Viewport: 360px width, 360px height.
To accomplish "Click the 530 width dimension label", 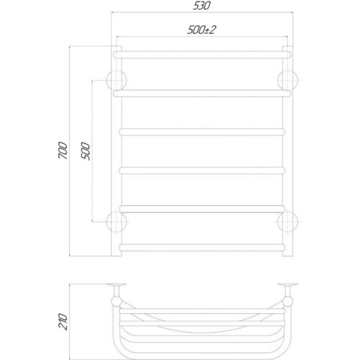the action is tap(202, 6).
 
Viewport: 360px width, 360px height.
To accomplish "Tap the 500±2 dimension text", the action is tap(202, 30).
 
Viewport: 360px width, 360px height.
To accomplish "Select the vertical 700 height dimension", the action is tap(63, 150).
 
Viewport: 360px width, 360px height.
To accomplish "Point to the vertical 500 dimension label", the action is tap(86, 151).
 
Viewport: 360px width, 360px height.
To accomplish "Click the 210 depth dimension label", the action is tap(63, 322).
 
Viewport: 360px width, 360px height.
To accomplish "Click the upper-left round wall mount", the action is tap(117, 80).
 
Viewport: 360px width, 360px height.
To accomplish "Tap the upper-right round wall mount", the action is tap(287, 80).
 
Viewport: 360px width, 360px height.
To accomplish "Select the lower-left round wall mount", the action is tap(117, 222).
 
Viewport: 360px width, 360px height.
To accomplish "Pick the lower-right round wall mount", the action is tap(287, 222).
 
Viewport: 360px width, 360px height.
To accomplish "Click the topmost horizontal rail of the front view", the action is tap(202, 55).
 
